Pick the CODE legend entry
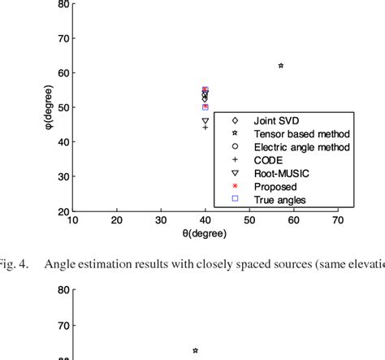tap(269, 159)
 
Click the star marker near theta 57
tap(281, 66)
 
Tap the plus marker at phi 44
tap(205, 128)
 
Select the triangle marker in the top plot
tap(205, 120)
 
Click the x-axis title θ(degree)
tap(205, 234)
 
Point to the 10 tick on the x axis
tap(73, 220)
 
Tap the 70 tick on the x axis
tap(336, 220)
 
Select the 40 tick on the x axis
tap(205, 220)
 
